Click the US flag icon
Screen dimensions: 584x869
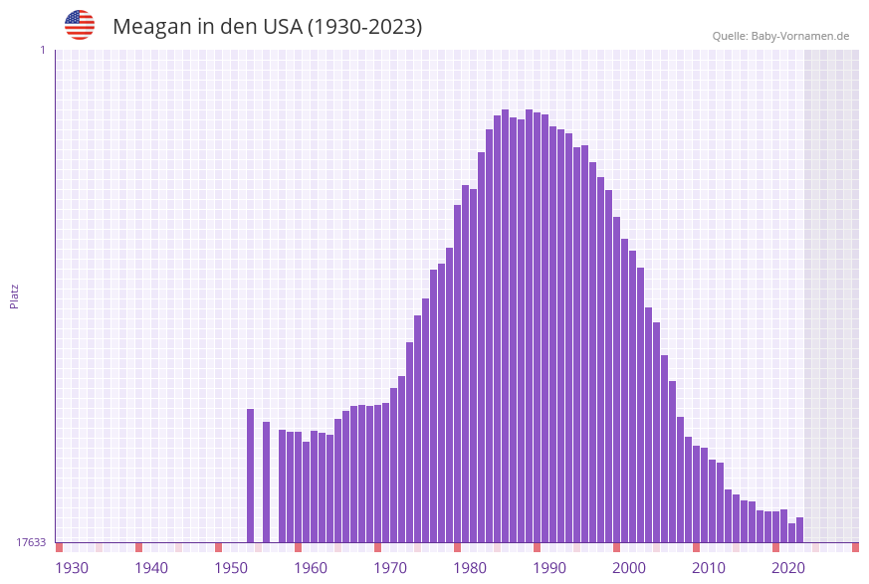click(80, 25)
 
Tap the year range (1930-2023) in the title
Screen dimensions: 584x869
click(364, 27)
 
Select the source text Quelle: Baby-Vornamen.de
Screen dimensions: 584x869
click(780, 36)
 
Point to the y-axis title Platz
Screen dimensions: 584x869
click(15, 295)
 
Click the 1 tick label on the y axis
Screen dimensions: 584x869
click(42, 50)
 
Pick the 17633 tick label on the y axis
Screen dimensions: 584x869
click(31, 542)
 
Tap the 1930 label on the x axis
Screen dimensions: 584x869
click(72, 568)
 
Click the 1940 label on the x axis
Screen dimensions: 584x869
click(151, 568)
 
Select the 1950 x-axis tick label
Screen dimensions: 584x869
click(231, 568)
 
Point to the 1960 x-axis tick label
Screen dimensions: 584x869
click(311, 568)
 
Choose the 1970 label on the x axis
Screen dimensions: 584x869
click(390, 568)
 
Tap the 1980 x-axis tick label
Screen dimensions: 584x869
click(470, 568)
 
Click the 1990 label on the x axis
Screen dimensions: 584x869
click(549, 568)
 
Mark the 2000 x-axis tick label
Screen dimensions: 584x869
click(629, 568)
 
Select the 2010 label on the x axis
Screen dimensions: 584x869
click(709, 568)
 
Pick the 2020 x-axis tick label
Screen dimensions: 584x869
click(788, 568)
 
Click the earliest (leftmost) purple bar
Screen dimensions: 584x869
click(251, 476)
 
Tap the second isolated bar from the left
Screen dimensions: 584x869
click(267, 483)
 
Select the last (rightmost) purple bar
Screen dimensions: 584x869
click(799, 530)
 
